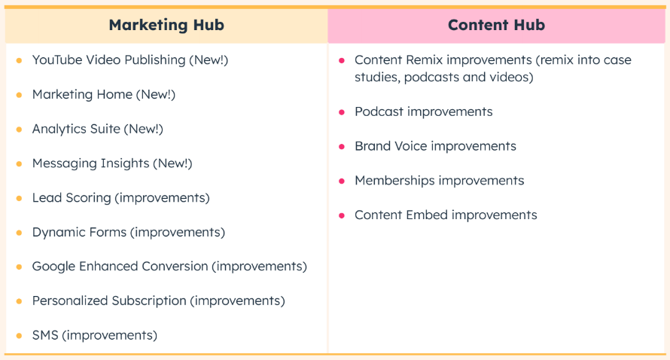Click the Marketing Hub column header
coord(166,25)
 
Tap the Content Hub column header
coord(496,25)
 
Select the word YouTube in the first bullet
coord(58,59)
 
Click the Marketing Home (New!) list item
coord(104,94)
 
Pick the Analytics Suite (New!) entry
coord(98,129)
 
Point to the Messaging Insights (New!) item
coord(112,163)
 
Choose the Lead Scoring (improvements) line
coord(121,198)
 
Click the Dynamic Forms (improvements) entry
coord(129,232)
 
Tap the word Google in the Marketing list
coord(54,267)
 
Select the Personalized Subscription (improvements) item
coord(159,301)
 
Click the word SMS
coord(45,335)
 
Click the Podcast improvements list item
coord(423,112)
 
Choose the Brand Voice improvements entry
coord(435,146)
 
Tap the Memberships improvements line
coord(439,181)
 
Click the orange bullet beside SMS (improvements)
coord(19,336)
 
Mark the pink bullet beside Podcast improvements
coord(342,112)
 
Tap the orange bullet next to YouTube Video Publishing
coord(19,60)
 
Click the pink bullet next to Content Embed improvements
coord(342,215)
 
